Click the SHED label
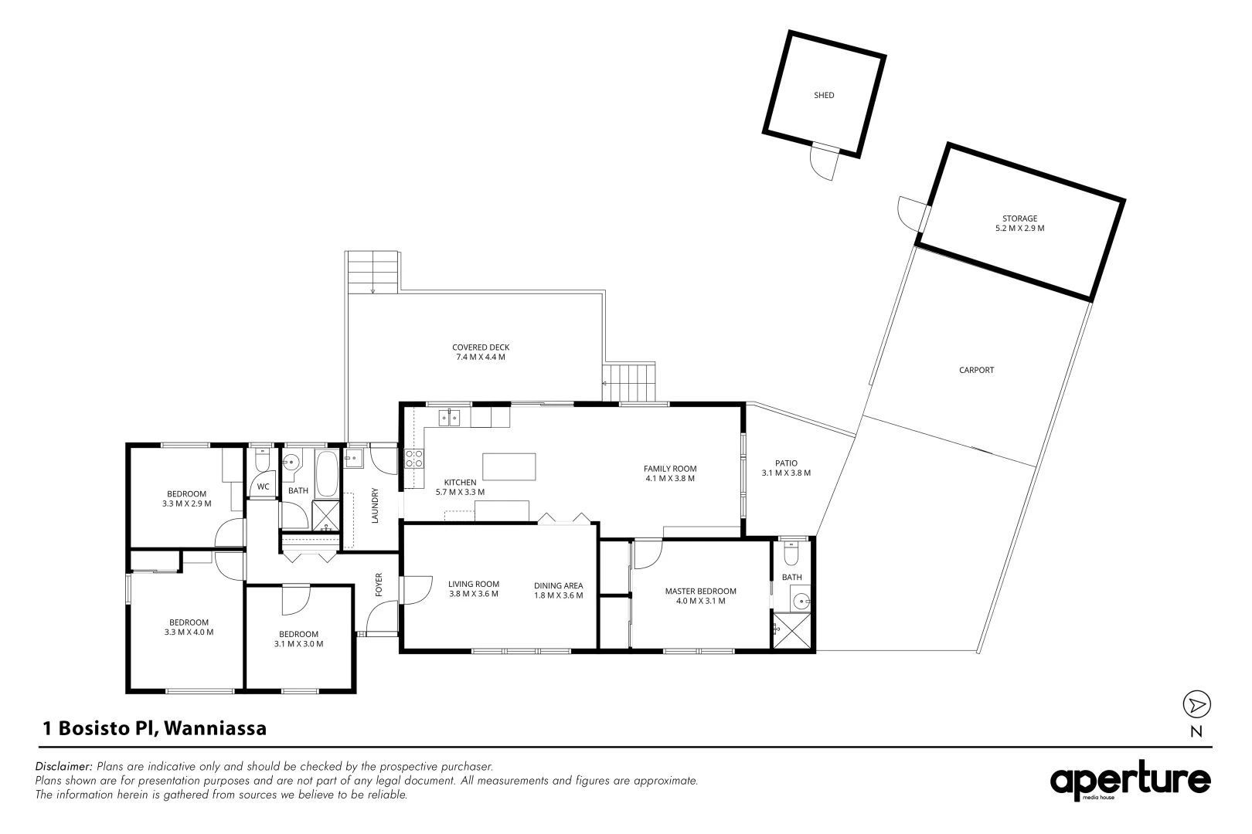pyautogui.click(x=824, y=96)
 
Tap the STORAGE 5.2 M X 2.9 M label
pyautogui.click(x=1019, y=223)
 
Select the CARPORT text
pyautogui.click(x=976, y=370)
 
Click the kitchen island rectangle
pyautogui.click(x=509, y=467)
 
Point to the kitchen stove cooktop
pyautogui.click(x=413, y=459)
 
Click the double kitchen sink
pyautogui.click(x=450, y=418)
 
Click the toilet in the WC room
pyautogui.click(x=263, y=462)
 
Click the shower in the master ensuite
pyautogui.click(x=789, y=632)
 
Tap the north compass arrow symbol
pyautogui.click(x=1196, y=704)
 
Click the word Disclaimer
pyautogui.click(x=64, y=767)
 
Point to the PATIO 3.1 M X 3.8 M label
pyautogui.click(x=786, y=468)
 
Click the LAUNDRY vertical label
pyautogui.click(x=376, y=505)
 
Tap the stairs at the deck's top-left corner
pyautogui.click(x=373, y=271)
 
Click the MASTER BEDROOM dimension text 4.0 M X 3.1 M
pyautogui.click(x=700, y=601)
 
